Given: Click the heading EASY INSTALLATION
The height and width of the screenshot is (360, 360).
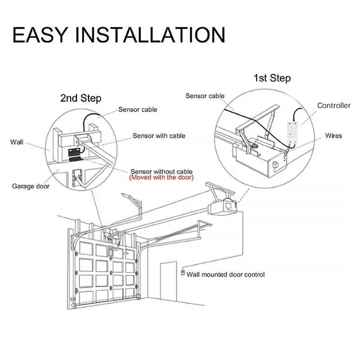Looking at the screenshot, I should click(x=118, y=35).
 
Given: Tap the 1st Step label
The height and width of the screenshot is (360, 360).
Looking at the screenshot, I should click(x=272, y=78).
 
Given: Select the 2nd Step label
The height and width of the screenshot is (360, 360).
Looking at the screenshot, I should click(x=81, y=98).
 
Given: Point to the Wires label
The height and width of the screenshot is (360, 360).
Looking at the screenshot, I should click(x=333, y=135).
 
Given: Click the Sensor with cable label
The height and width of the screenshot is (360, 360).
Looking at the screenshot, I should click(x=158, y=135).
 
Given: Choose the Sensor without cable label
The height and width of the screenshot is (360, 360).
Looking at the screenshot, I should click(x=162, y=171).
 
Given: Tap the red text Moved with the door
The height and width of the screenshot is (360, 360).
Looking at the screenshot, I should click(x=162, y=178).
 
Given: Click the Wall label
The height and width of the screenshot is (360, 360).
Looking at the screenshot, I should click(x=17, y=142).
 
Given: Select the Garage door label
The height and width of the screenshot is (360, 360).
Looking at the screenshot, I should click(x=31, y=186).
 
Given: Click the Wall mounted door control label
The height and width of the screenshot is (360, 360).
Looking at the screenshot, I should click(x=225, y=274).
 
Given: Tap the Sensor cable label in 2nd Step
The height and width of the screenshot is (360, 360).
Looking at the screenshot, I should click(x=138, y=109).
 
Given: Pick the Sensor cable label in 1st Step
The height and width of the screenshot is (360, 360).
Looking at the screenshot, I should click(x=205, y=95).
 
